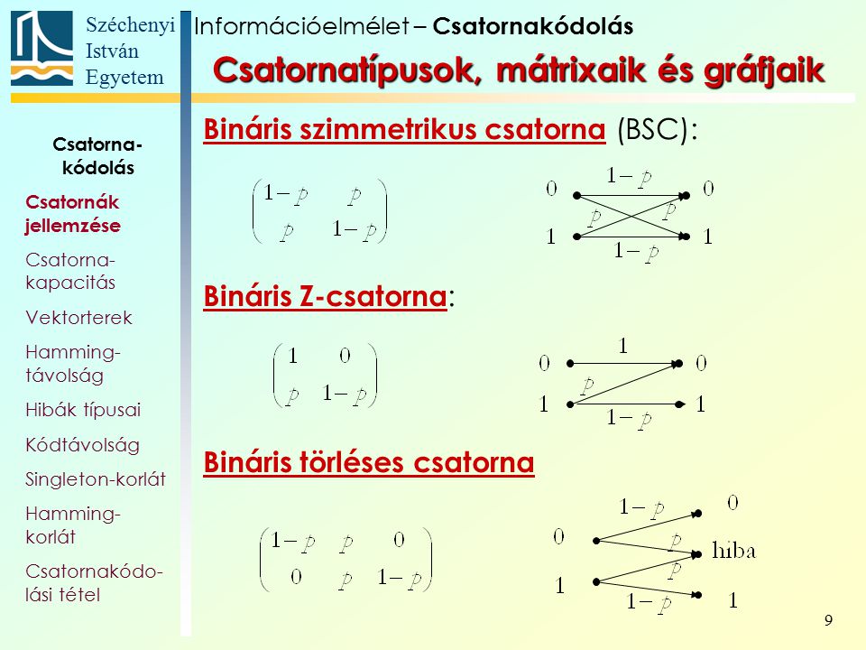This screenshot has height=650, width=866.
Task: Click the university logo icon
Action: pyautogui.click(x=42, y=49)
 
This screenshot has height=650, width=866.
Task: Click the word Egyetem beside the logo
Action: pyautogui.click(x=124, y=78)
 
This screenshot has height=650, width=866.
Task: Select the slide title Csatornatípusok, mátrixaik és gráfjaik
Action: pyautogui.click(x=519, y=70)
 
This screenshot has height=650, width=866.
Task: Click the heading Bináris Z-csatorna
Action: pyautogui.click(x=326, y=296)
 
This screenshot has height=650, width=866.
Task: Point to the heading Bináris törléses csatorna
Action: pyautogui.click(x=369, y=462)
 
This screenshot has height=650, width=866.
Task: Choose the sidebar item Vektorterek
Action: pyautogui.click(x=79, y=318)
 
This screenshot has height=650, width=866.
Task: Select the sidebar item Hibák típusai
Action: pyautogui.click(x=83, y=410)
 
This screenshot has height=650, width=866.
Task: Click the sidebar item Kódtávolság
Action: pyautogui.click(x=82, y=445)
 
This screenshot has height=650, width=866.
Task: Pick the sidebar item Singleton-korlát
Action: pyautogui.click(x=96, y=479)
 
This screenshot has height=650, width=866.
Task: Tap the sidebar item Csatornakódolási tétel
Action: pyautogui.click(x=94, y=582)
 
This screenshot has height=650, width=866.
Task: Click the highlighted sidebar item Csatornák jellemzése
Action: pyautogui.click(x=73, y=213)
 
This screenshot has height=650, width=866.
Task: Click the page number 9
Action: pyautogui.click(x=828, y=620)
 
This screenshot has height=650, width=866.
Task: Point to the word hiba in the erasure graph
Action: pyautogui.click(x=733, y=551)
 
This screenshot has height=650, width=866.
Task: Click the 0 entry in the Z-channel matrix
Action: pyautogui.click(x=345, y=356)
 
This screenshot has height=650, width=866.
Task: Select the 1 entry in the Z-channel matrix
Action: pyautogui.click(x=292, y=356)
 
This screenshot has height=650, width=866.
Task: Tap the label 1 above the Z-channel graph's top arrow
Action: pyautogui.click(x=623, y=346)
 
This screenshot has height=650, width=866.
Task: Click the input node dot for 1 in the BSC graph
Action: pyautogui.click(x=576, y=237)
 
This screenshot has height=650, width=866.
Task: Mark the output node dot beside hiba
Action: pyautogui.click(x=698, y=553)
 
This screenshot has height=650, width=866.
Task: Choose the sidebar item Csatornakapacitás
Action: pyautogui.click(x=70, y=271)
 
